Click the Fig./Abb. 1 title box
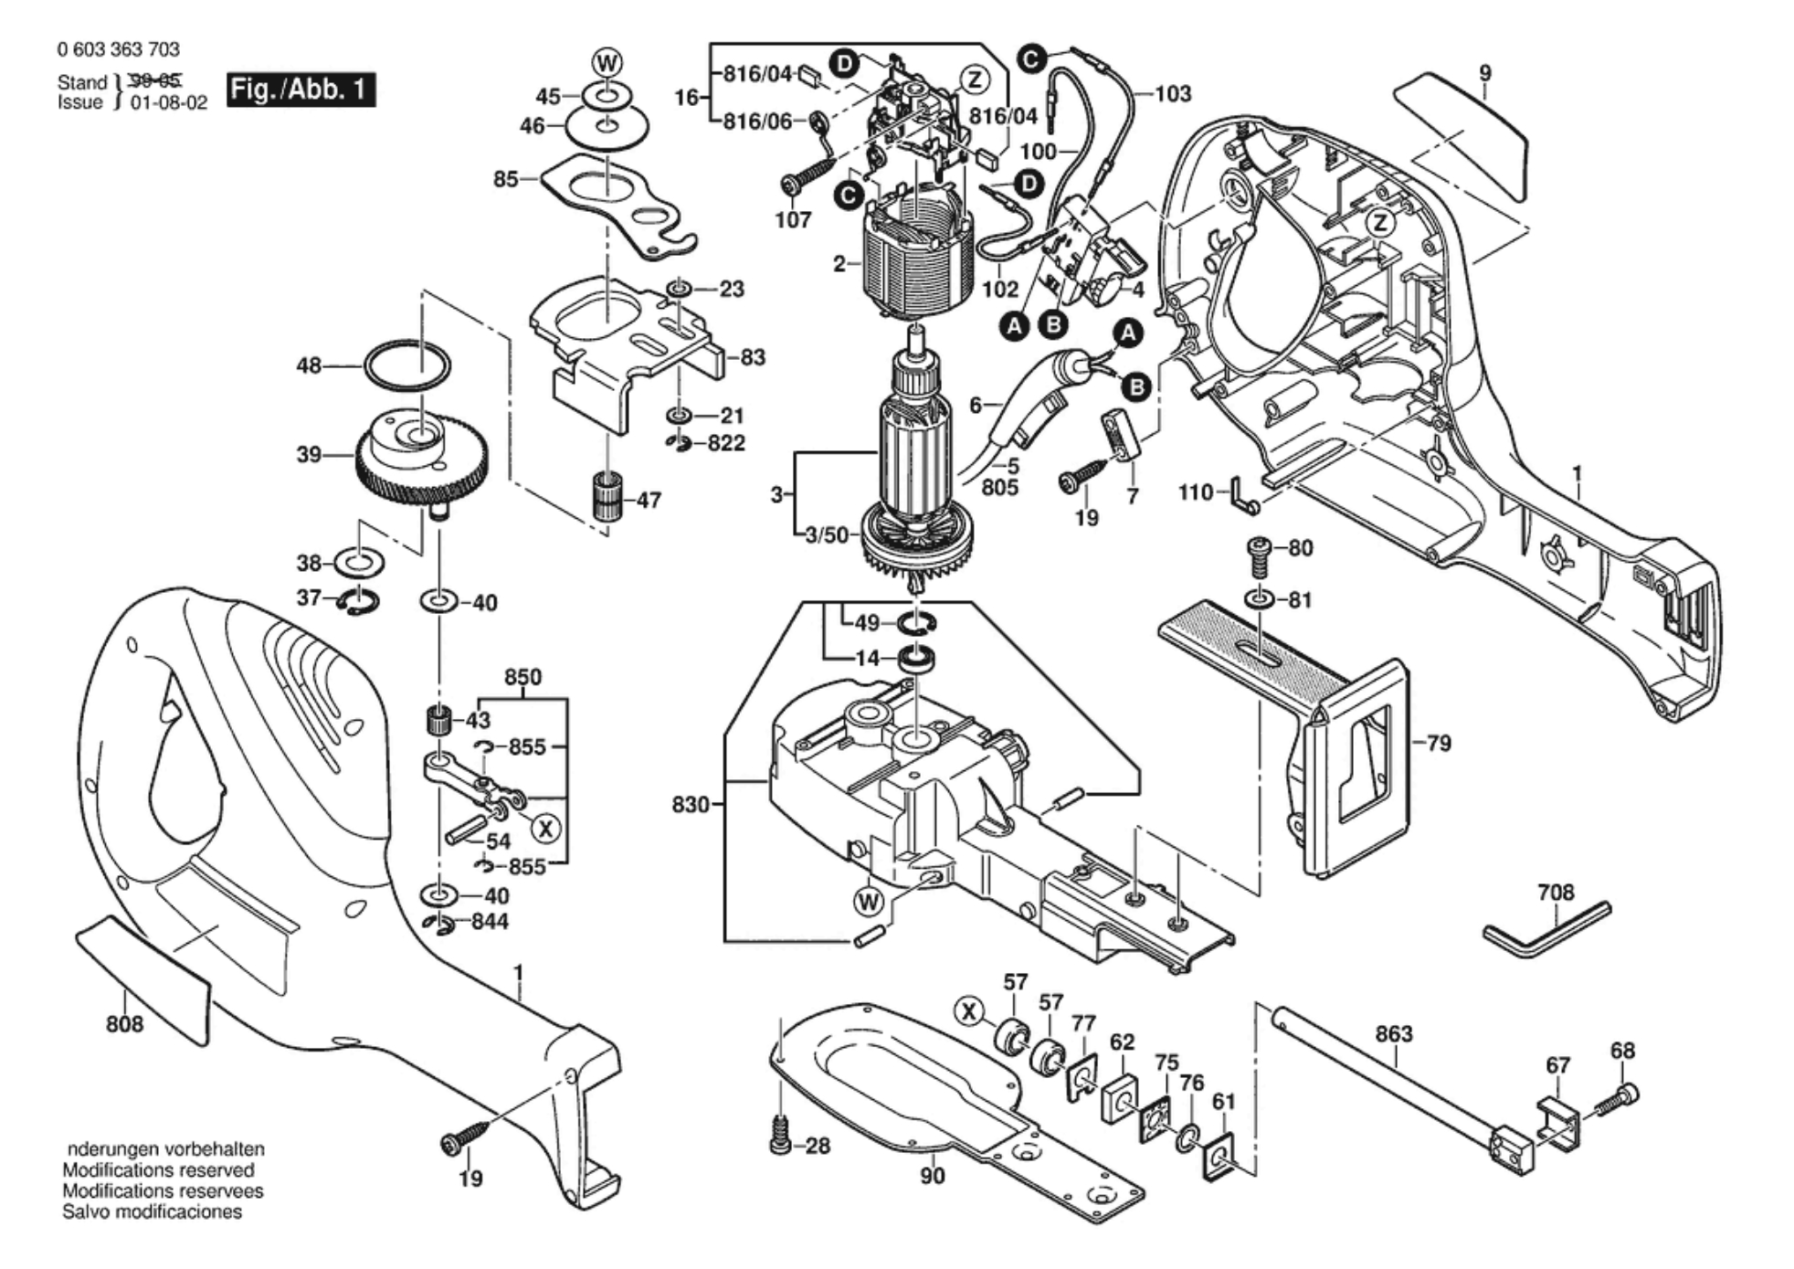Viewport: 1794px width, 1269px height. click(x=301, y=90)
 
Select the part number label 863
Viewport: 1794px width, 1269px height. click(x=1393, y=1034)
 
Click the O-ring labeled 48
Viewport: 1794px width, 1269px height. click(x=407, y=365)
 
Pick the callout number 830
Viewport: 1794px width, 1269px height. click(x=690, y=805)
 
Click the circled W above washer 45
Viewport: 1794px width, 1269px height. click(x=607, y=63)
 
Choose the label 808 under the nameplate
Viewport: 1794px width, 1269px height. click(x=124, y=1024)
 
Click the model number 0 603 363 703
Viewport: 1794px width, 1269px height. click(x=118, y=49)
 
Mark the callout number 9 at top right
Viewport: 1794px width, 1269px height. click(x=1485, y=73)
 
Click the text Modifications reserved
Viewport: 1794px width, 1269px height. click(x=158, y=1170)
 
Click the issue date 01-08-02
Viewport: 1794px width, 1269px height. click(x=169, y=102)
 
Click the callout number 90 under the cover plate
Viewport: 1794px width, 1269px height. click(x=932, y=1176)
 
